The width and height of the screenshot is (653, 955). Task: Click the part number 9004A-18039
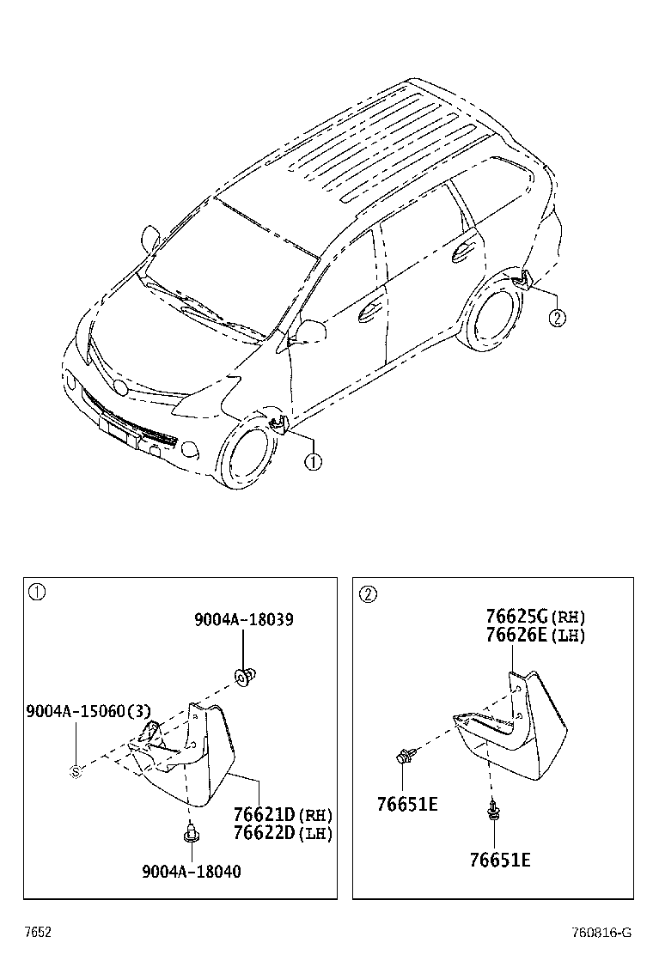(x=243, y=619)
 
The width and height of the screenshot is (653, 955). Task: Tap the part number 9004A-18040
(x=192, y=872)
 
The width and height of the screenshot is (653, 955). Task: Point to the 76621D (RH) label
(x=283, y=814)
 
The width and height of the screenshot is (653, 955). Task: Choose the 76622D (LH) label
(x=283, y=832)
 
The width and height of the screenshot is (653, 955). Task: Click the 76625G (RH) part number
(x=535, y=617)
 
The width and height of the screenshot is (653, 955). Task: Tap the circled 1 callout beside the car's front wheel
(x=313, y=462)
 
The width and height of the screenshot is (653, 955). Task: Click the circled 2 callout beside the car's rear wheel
(x=557, y=318)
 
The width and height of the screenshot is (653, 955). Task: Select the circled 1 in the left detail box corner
(x=37, y=592)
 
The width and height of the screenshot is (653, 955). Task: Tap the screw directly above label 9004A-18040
(x=190, y=831)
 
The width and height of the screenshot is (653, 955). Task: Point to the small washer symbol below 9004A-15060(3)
(x=76, y=771)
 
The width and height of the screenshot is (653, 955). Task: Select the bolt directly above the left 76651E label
(x=404, y=757)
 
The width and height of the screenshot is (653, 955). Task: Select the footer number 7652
(x=38, y=932)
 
